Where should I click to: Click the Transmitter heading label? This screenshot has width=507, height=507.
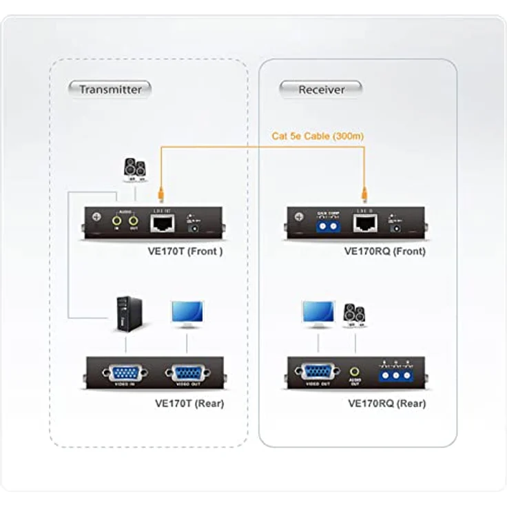pyautogui.click(x=110, y=89)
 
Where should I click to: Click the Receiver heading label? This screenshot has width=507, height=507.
pyautogui.click(x=321, y=89)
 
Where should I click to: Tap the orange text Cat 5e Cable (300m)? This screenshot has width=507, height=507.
pyautogui.click(x=318, y=136)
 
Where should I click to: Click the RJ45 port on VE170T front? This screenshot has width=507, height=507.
pyautogui.click(x=162, y=222)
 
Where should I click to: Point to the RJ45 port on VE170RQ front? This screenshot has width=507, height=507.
pyautogui.click(x=364, y=222)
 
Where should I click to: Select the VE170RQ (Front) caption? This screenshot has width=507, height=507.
pyautogui.click(x=384, y=251)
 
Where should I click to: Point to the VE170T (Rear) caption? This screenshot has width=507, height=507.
pyautogui.click(x=189, y=404)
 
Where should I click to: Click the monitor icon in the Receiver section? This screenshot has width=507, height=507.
pyautogui.click(x=318, y=313)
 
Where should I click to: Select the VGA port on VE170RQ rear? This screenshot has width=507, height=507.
pyautogui.click(x=318, y=372)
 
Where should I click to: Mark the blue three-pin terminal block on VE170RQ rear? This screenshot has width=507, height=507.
pyautogui.click(x=395, y=374)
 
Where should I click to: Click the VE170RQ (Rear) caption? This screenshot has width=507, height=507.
pyautogui.click(x=387, y=404)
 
